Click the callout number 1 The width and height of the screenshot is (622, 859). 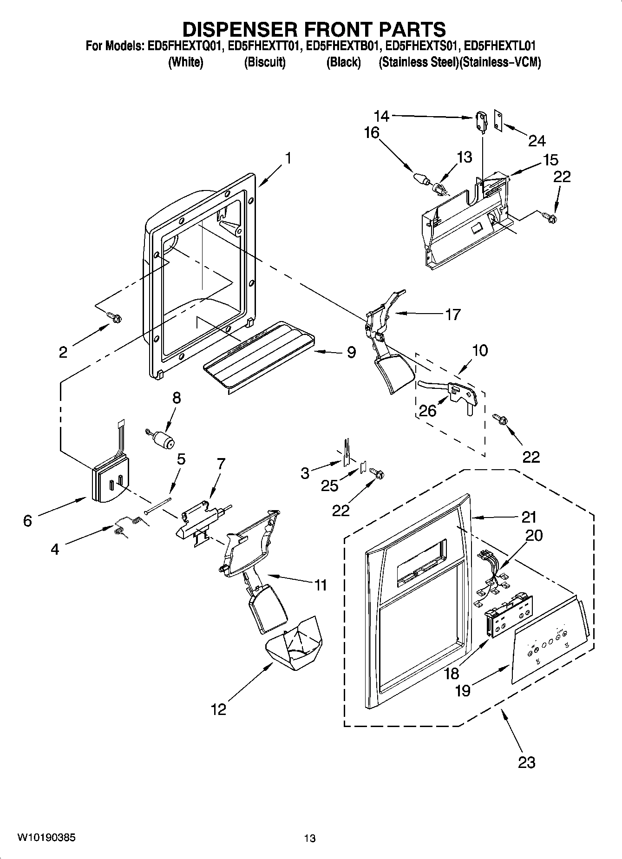(x=288, y=158)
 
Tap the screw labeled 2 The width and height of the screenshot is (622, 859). (x=114, y=317)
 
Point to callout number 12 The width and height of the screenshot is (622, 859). (x=218, y=709)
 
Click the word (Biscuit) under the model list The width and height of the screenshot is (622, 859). (x=265, y=62)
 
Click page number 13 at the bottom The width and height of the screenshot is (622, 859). (x=310, y=838)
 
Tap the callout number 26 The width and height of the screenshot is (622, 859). (x=428, y=411)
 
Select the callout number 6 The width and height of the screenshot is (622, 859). (x=27, y=521)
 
